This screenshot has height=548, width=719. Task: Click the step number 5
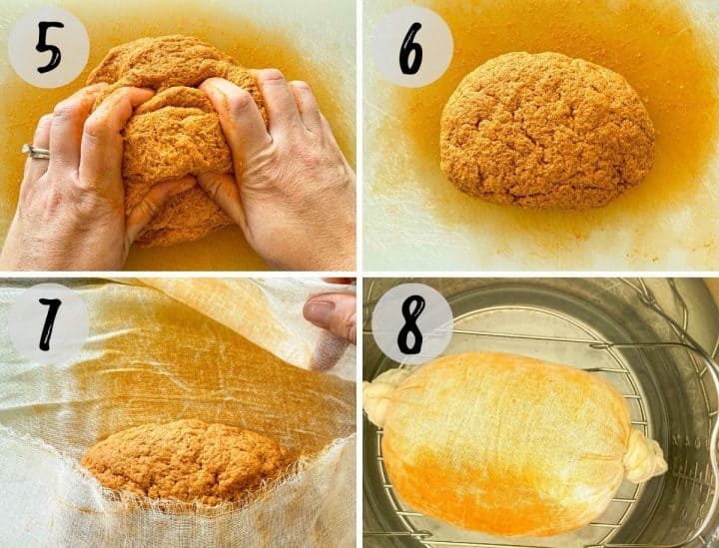[47, 47]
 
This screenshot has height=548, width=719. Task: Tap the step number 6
[411, 47]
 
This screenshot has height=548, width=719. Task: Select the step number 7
[47, 323]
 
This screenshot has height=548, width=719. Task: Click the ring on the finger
[35, 152]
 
